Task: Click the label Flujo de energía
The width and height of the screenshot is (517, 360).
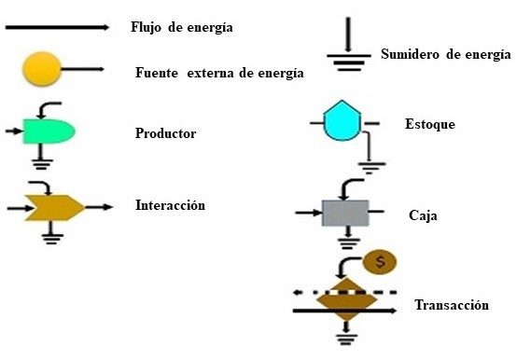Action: pos(181,27)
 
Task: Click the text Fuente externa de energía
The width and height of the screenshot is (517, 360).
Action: pos(219,73)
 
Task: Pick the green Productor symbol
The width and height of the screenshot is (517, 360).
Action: pos(47,132)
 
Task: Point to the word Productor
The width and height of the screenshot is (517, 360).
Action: pos(165,133)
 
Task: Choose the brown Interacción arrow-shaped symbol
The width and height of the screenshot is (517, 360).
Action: pos(53,206)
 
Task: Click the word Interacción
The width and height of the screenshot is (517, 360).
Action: pos(170,205)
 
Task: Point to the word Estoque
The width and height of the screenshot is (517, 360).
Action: pos(430,124)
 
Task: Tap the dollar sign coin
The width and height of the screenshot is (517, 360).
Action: pos(378,262)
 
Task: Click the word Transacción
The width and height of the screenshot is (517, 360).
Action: pos(452,305)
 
